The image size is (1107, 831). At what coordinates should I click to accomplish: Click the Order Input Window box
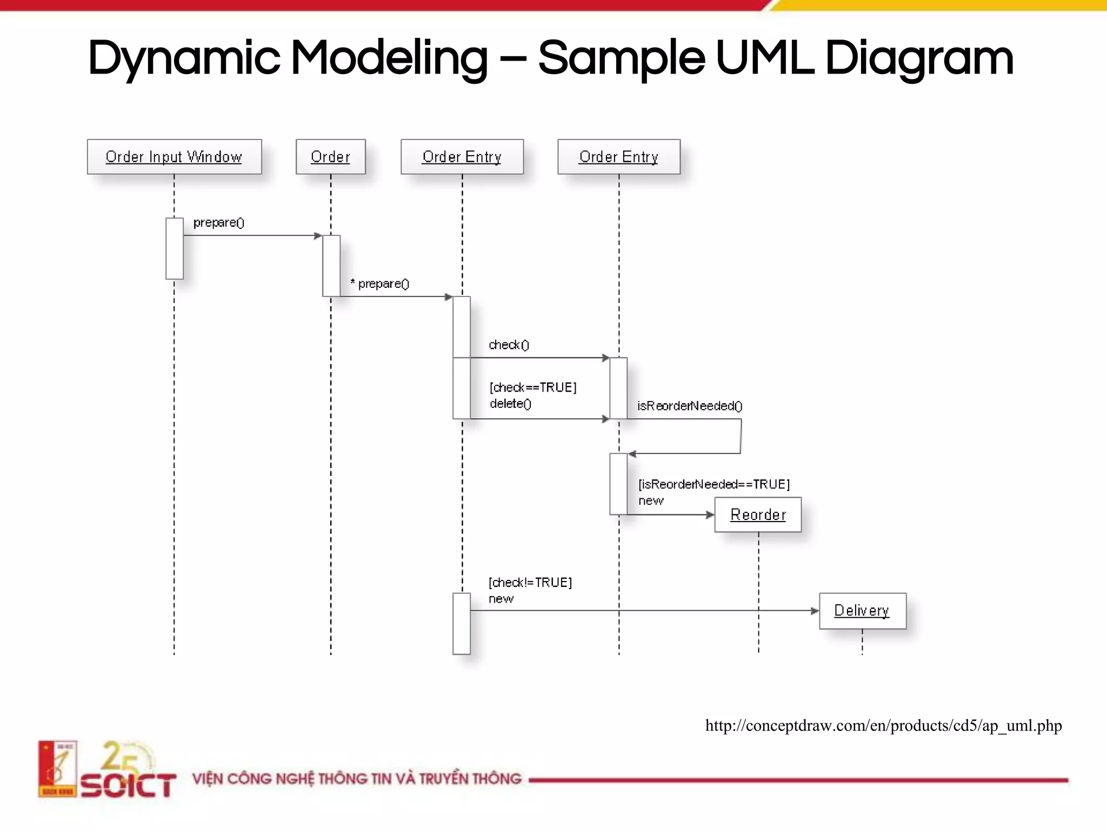click(x=174, y=157)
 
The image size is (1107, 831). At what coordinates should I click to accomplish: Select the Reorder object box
click(x=758, y=515)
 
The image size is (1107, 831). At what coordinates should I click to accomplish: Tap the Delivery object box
click(x=862, y=611)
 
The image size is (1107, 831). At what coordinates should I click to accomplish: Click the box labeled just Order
click(x=330, y=157)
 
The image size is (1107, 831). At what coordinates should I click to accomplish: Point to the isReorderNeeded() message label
click(x=690, y=406)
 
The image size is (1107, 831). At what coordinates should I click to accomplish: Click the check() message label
click(x=509, y=345)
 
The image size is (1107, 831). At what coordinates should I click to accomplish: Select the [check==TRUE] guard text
click(x=533, y=387)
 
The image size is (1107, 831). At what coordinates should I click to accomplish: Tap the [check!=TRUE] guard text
click(x=530, y=583)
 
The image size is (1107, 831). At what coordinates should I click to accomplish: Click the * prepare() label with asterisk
click(x=380, y=283)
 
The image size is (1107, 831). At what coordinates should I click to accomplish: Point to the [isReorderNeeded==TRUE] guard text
click(x=714, y=484)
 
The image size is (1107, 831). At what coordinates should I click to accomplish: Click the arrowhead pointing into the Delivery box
click(x=815, y=611)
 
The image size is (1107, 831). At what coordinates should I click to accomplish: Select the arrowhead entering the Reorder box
click(x=710, y=515)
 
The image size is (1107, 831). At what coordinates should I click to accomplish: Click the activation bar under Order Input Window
click(x=174, y=248)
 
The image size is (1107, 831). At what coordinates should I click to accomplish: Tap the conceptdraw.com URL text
click(x=883, y=726)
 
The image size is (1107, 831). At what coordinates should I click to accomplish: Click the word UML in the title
click(x=764, y=58)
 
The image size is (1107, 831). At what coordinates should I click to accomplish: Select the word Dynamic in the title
click(x=184, y=58)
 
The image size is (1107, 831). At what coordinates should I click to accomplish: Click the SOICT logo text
click(x=128, y=786)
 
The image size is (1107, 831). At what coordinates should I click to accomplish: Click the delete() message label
click(x=510, y=404)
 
